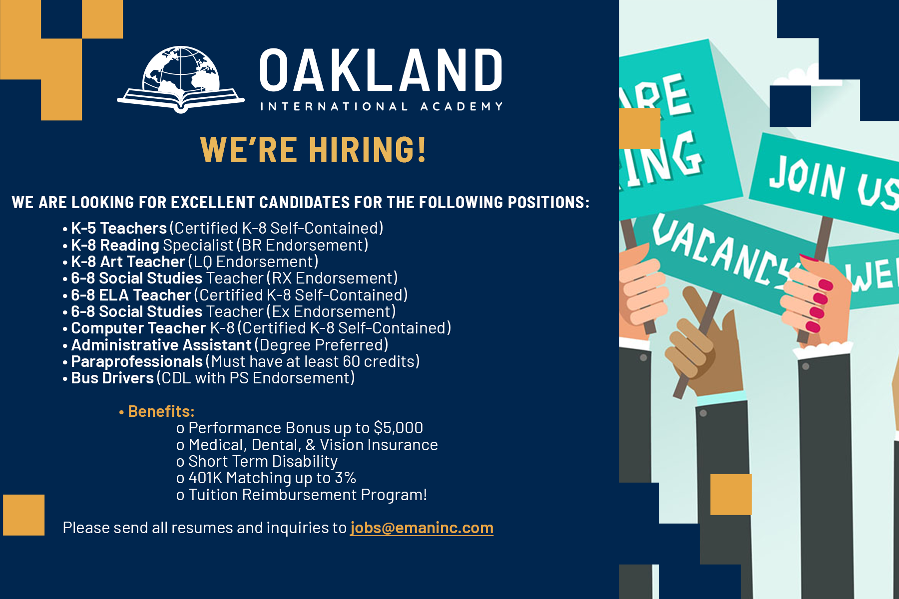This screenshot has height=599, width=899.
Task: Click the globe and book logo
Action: point(181,80)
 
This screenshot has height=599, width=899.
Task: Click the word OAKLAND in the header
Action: point(381,70)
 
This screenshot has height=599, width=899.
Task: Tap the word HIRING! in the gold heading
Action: point(368,149)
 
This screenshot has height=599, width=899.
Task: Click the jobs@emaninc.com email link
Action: point(422,528)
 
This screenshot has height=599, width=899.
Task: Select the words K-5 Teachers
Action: point(119,228)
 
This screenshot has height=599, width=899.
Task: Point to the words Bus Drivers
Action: point(112,378)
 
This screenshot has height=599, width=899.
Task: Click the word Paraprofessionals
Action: point(137,361)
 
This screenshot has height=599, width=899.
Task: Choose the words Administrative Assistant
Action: point(161,345)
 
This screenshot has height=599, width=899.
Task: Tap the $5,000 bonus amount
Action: point(398,428)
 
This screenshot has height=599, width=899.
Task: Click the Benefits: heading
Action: point(161,411)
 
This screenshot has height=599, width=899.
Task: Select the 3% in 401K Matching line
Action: point(345,478)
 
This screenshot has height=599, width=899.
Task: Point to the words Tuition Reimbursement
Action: point(273,495)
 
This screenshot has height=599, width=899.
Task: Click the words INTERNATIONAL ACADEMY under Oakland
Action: point(382,106)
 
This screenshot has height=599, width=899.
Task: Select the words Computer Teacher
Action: point(138,328)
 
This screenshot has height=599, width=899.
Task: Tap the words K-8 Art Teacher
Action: point(128,262)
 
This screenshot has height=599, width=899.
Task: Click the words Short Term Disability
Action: point(263,461)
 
